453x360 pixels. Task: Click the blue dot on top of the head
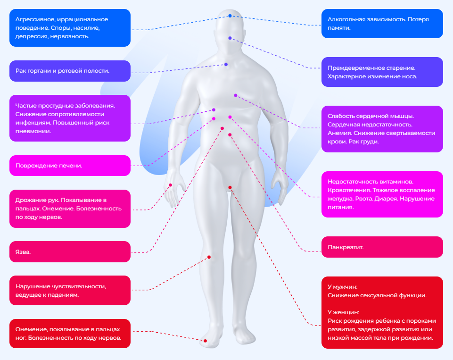(230, 16)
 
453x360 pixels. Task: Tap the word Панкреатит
(345, 247)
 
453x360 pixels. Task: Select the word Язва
(23, 252)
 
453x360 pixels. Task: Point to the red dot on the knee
(209, 257)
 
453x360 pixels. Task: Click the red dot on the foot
(205, 340)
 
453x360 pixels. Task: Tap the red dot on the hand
(171, 185)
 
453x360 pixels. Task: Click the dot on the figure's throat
(226, 64)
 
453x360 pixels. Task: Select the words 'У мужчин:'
(342, 287)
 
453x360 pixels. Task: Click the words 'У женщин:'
(343, 312)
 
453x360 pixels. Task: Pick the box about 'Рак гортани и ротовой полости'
(70, 71)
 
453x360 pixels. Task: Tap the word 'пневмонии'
(32, 132)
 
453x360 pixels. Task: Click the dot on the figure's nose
(230, 38)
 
